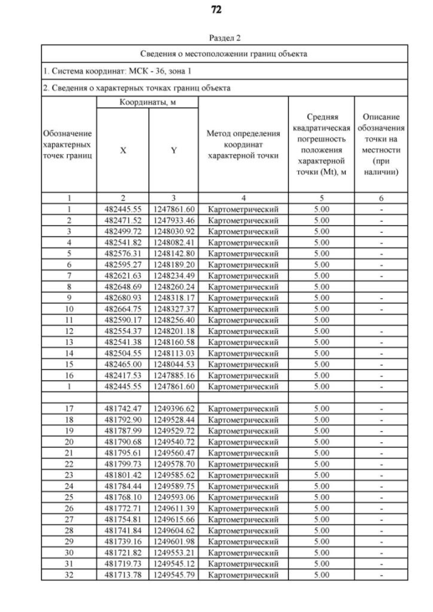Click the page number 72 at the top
pyautogui.click(x=216, y=10)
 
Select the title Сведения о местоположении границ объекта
pyautogui.click(x=224, y=53)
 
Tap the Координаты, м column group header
pyautogui.click(x=148, y=101)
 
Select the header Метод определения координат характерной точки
pyautogui.click(x=243, y=145)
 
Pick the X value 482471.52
pyautogui.click(x=122, y=220)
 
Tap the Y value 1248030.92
pyautogui.click(x=173, y=231)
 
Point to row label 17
pyautogui.click(x=69, y=408)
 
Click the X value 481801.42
pyautogui.click(x=122, y=475)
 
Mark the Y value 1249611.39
pyautogui.click(x=173, y=508)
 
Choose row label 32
pyautogui.click(x=69, y=575)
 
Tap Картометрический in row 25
pyautogui.click(x=243, y=497)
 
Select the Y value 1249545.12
pyautogui.click(x=173, y=563)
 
